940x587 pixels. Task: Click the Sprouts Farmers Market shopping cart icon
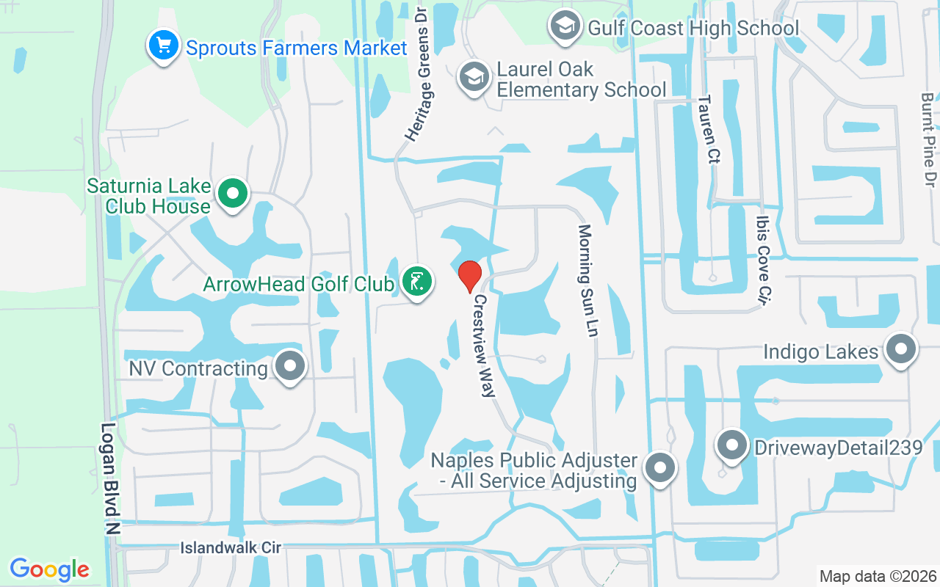click(x=164, y=46)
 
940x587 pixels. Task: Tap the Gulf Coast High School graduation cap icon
click(x=564, y=26)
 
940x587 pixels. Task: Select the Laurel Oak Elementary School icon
click(x=474, y=77)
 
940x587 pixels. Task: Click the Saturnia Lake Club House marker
click(x=234, y=194)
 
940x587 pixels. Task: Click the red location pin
click(x=469, y=276)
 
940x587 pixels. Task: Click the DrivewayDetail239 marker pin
click(x=731, y=445)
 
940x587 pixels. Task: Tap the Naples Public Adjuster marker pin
click(x=659, y=467)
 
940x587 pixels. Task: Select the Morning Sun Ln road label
click(x=587, y=280)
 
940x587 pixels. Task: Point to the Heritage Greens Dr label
click(x=416, y=74)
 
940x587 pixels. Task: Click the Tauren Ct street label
click(x=706, y=129)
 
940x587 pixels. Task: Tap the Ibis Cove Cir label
click(x=765, y=260)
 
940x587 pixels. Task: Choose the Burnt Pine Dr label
click(x=928, y=139)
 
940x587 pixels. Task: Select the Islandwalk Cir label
click(x=231, y=548)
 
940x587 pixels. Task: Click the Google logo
click(x=50, y=569)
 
